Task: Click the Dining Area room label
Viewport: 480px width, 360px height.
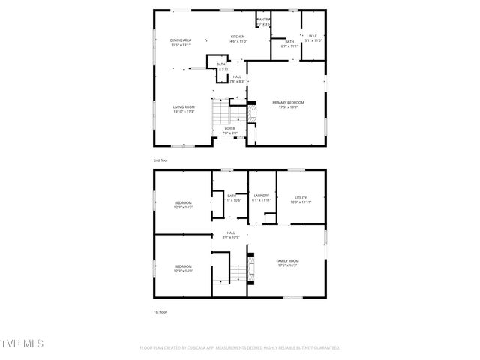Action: [180, 40]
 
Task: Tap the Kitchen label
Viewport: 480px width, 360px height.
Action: [238, 36]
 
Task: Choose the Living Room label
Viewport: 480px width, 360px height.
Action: [184, 107]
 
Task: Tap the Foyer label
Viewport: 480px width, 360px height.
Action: [230, 129]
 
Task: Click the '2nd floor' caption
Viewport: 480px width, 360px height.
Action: [160, 160]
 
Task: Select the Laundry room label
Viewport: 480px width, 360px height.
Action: [261, 196]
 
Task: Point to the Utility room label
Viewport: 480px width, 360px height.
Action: [300, 198]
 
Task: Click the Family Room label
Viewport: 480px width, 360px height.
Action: [287, 261]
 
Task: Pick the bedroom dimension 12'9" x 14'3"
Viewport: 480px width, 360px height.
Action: [184, 208]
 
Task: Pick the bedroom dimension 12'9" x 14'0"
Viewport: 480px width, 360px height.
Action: [184, 271]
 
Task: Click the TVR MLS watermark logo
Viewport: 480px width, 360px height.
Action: [22, 344]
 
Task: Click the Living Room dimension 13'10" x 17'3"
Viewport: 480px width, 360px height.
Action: [184, 112]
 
